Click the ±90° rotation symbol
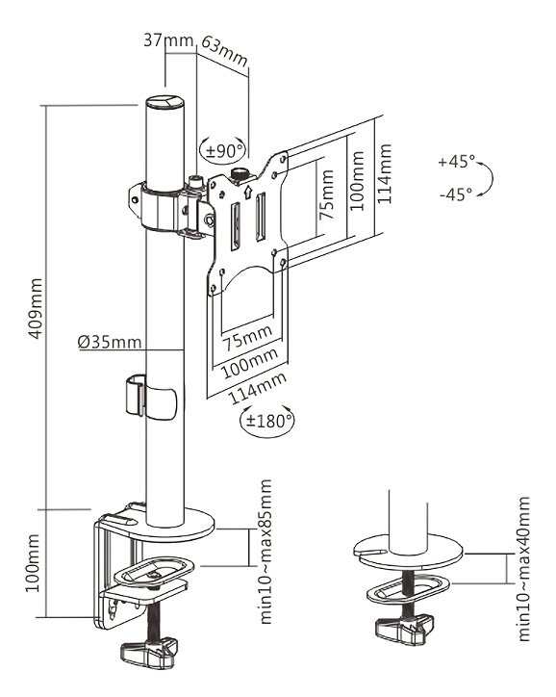pos(223,150)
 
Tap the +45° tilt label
pos(455,162)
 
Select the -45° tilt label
pos(455,194)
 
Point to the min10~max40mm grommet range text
pos(524,569)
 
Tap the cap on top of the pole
pos(163,101)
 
